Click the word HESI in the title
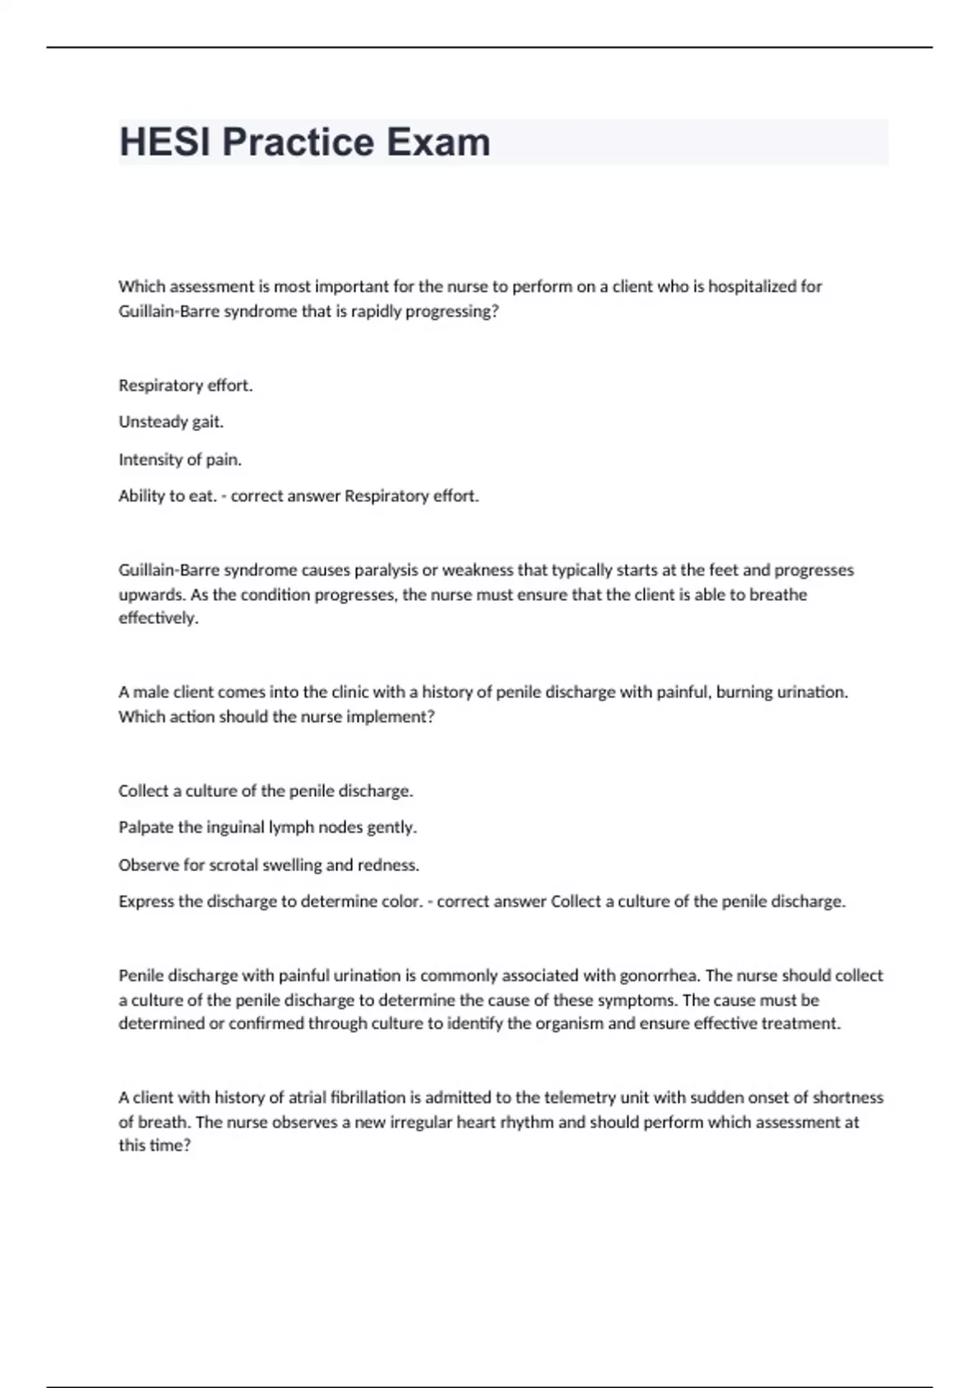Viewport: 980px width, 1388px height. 166,142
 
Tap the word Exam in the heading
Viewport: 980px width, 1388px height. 438,142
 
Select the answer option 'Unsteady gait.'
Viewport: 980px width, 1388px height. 171,422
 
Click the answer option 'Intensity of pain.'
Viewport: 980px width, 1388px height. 180,460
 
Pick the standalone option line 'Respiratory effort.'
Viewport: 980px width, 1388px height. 185,385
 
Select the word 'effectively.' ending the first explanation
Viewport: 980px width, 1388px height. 158,618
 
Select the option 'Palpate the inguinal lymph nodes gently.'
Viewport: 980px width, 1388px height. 267,828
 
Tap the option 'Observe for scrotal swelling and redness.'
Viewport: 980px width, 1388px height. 269,865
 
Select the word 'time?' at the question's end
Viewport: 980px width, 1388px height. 171,1146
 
